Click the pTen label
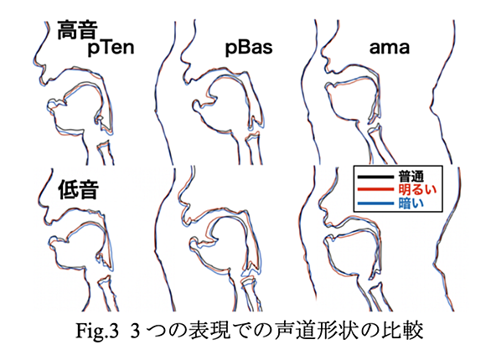click(x=111, y=48)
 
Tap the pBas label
click(x=249, y=48)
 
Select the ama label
click(x=390, y=49)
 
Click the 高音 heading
click(x=77, y=30)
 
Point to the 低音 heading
click(x=78, y=189)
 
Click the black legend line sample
click(x=375, y=177)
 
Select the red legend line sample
click(x=375, y=189)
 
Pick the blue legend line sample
click(x=375, y=203)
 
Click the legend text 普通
click(x=411, y=177)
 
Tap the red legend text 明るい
click(x=417, y=189)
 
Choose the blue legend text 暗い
click(x=411, y=203)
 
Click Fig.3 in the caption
click(x=97, y=331)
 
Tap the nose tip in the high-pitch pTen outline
click(x=34, y=62)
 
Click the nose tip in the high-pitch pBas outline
click(x=180, y=56)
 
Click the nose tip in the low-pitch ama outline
click(x=318, y=202)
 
